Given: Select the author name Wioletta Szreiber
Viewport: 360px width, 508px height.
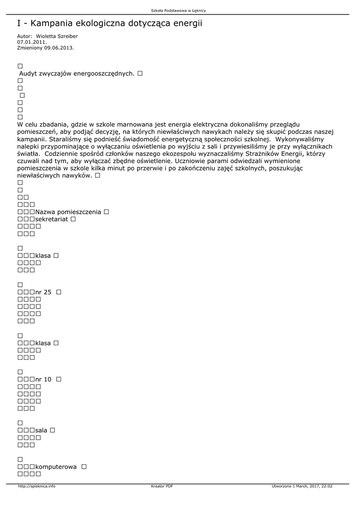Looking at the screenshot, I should pos(57,36).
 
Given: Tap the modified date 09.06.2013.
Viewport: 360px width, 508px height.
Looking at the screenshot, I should pos(59,48).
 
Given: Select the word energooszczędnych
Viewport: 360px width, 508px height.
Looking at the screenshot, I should pos(104,73).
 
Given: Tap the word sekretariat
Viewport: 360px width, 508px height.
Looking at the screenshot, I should pos(52,219).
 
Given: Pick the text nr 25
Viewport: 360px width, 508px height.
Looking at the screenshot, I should pos(44,292).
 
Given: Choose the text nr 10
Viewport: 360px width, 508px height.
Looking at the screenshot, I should pos(44,380).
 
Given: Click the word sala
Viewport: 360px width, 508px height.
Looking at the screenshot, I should pos(41,430).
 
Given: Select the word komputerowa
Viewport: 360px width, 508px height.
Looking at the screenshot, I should pos(56,467).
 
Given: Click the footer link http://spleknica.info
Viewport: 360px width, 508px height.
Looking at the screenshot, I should pos(37,486).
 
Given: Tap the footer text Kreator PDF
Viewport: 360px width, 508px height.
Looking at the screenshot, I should pos(162,486).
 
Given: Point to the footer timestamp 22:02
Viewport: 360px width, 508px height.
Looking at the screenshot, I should pos(327,486).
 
